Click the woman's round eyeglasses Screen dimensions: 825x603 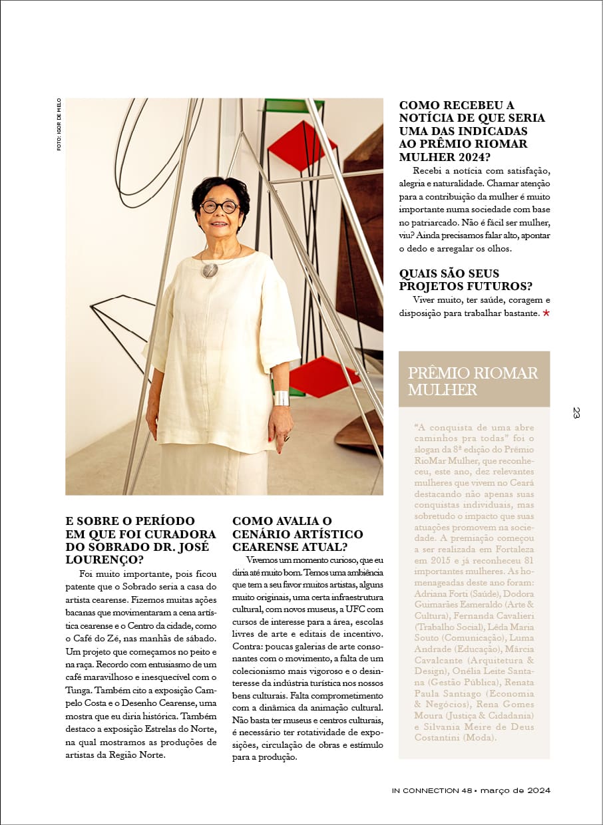click(220, 206)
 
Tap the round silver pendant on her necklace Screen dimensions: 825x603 click(210, 269)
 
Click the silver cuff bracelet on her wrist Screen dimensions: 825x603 click(282, 398)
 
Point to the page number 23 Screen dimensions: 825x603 click(576, 412)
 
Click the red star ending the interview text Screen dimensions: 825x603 click(546, 312)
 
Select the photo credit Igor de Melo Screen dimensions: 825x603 click(59, 124)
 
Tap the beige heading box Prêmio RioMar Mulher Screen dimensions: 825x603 click(474, 381)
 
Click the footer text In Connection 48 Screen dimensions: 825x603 click(431, 790)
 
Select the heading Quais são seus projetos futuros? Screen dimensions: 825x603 click(465, 279)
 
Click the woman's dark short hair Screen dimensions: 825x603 click(220, 187)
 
